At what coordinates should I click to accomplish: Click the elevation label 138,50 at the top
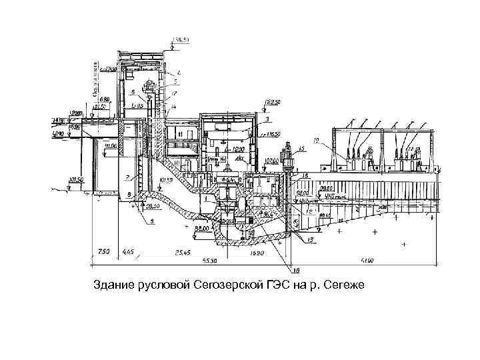pos(181,40)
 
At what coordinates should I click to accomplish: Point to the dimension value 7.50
pos(103,253)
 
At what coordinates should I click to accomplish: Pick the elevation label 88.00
pos(200,228)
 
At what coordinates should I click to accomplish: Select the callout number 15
pos(301,147)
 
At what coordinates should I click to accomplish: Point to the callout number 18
pos(297,270)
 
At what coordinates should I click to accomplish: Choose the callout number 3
pos(267,119)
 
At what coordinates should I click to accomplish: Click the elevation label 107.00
pos(271,161)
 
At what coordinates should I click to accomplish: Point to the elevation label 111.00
pos(110,146)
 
